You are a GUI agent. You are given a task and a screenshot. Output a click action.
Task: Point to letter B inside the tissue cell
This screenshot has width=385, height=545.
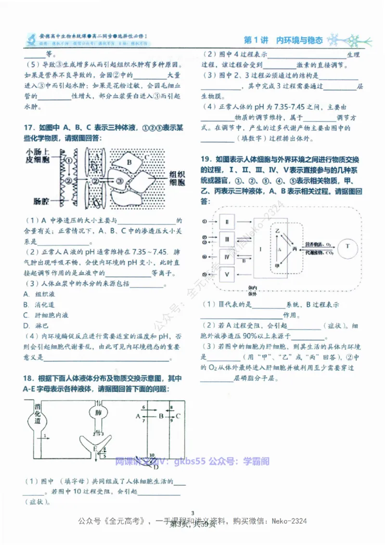[129, 163]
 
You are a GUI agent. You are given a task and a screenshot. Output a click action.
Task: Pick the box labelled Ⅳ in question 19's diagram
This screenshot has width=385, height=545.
[227, 256]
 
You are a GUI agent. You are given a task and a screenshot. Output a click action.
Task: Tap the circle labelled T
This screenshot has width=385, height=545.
[347, 247]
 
